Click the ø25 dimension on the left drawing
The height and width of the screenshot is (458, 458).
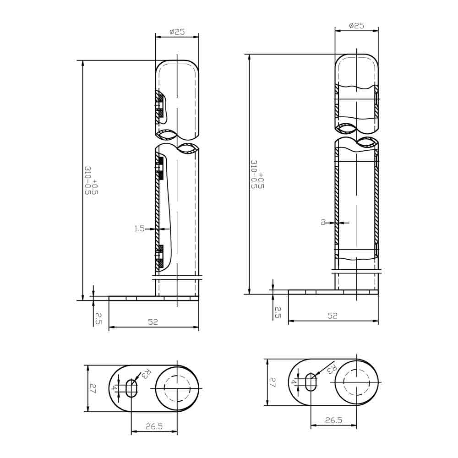(x=177, y=32)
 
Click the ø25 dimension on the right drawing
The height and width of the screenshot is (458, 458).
(x=356, y=26)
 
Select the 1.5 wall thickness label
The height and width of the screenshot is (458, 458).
(x=139, y=229)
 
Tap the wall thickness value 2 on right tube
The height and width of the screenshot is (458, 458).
(x=323, y=223)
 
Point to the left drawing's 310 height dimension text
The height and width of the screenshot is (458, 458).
(x=91, y=180)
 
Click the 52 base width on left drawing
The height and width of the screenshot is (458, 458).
(x=153, y=322)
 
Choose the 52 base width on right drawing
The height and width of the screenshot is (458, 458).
(x=333, y=316)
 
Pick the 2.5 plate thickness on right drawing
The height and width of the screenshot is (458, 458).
(x=278, y=312)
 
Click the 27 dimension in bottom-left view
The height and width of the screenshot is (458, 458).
(x=93, y=389)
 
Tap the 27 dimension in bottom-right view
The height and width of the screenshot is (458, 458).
(x=272, y=382)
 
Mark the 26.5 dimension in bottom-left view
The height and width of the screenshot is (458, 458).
(x=154, y=426)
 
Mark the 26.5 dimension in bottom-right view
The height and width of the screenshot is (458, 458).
(x=333, y=420)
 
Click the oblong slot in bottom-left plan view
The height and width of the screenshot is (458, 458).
(x=131, y=388)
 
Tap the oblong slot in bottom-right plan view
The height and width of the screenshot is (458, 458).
(x=311, y=382)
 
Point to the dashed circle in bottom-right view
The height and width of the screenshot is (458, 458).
(x=356, y=382)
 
